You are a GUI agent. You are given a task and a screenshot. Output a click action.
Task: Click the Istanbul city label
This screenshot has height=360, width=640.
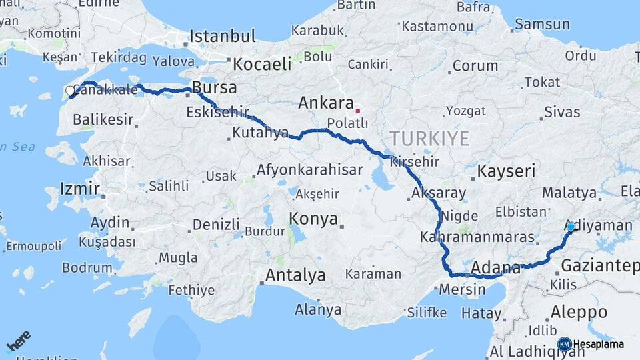pyautogui.click(x=223, y=35)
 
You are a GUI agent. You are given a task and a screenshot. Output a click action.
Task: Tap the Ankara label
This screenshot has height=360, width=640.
pyautogui.click(x=325, y=103)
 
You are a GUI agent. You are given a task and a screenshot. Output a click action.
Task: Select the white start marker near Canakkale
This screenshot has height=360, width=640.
pyautogui.click(x=70, y=91)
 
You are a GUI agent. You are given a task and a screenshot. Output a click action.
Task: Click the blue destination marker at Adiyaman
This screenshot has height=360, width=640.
pyautogui.click(x=571, y=227)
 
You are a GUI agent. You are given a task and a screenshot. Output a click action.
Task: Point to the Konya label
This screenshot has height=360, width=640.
pyautogui.click(x=313, y=219)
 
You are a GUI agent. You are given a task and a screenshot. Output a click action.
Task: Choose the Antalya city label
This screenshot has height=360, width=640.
pyautogui.click(x=295, y=275)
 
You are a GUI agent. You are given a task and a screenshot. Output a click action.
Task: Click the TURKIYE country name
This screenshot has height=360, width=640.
pyautogui.click(x=429, y=139)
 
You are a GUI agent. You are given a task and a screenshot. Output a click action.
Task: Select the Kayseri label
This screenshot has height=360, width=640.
pyautogui.click(x=506, y=171)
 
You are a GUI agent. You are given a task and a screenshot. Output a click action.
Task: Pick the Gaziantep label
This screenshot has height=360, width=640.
pyautogui.click(x=599, y=266)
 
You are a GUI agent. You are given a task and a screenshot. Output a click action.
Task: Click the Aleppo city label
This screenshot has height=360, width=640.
pyautogui.click(x=579, y=312)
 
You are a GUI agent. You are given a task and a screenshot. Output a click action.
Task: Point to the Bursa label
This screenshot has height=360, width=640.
pyautogui.click(x=214, y=87)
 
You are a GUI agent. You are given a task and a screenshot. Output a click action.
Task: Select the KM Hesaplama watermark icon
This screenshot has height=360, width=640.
pyautogui.click(x=565, y=344)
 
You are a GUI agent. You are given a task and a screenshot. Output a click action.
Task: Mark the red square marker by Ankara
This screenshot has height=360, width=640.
pyautogui.click(x=358, y=111)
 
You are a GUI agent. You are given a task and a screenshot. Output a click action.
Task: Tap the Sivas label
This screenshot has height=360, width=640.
pyautogui.click(x=561, y=112)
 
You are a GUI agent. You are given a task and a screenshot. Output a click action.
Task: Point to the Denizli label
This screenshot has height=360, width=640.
pyautogui.click(x=215, y=224)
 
